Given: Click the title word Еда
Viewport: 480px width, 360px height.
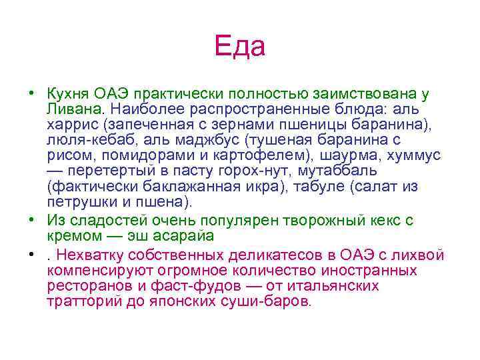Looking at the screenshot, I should coord(239,46).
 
